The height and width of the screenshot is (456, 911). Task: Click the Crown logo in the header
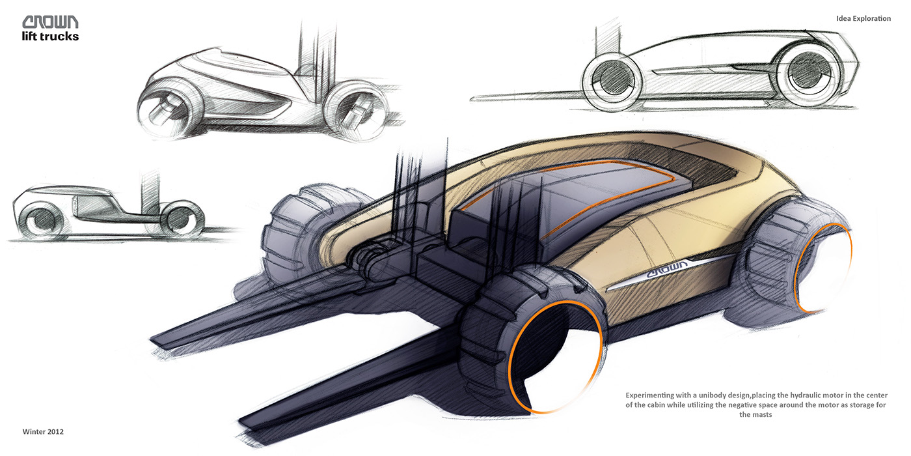pos(50,21)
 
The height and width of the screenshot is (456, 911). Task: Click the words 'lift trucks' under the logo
pos(50,36)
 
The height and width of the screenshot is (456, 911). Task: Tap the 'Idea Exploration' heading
pos(863,19)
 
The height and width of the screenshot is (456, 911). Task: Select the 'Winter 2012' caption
pos(43,431)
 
